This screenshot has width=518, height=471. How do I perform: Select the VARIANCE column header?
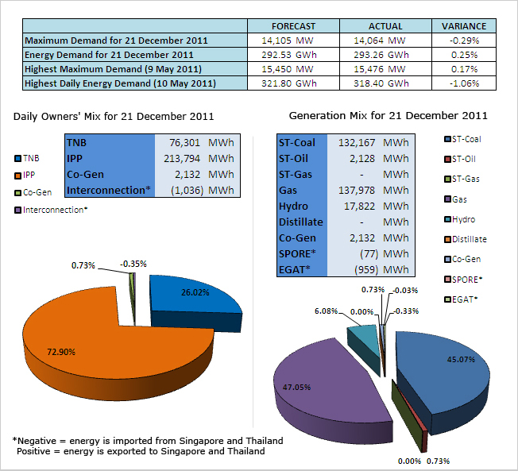tap(458, 26)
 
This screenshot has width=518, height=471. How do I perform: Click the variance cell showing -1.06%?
tap(458, 83)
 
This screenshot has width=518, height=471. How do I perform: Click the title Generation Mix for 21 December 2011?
tap(388, 116)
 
